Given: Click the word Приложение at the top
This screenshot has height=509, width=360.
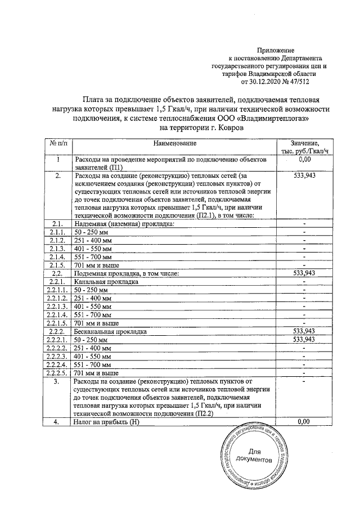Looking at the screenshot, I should (276, 51).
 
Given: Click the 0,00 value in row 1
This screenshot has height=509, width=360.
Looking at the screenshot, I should (303, 160).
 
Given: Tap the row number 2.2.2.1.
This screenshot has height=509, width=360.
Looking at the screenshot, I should (59, 340).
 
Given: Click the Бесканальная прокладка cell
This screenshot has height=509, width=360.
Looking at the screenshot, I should (111, 332).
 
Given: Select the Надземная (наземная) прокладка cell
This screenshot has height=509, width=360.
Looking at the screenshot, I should (124, 239).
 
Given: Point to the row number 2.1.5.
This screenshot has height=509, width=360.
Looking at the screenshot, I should (59, 264).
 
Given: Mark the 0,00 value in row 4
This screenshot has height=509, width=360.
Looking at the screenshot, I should (303, 421).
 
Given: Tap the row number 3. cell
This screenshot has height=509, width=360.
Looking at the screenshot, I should (59, 382).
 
